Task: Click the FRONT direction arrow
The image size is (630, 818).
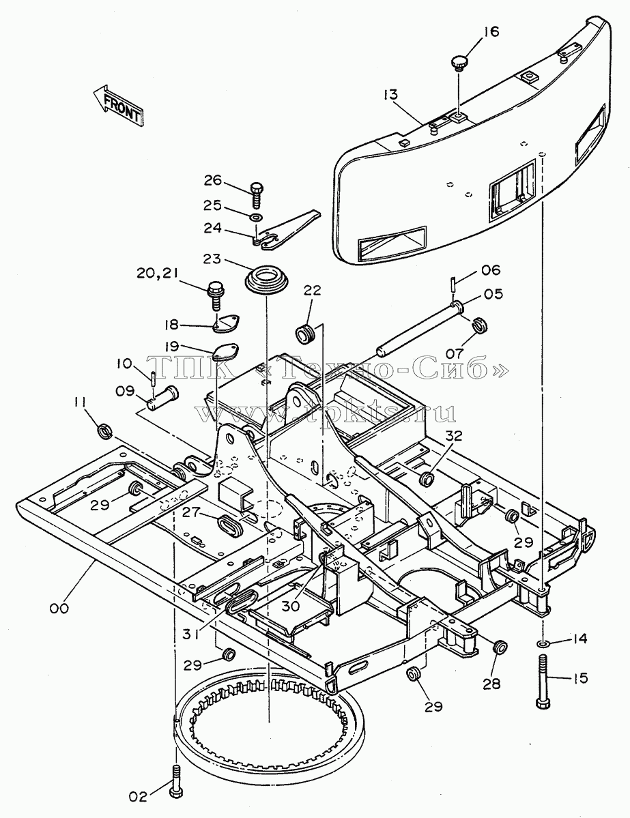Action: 118,105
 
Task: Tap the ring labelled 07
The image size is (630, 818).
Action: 480,325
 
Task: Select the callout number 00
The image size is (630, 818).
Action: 59,609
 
